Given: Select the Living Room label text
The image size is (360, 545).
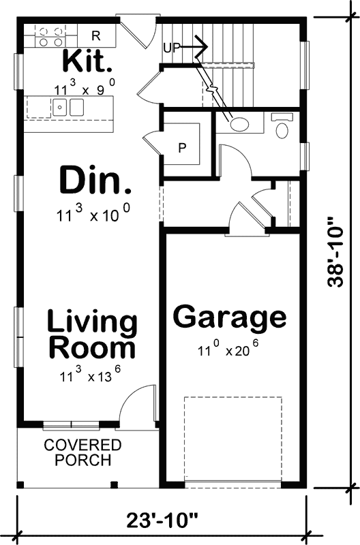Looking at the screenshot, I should tap(92, 334).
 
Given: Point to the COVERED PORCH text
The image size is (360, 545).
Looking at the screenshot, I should tap(82, 453).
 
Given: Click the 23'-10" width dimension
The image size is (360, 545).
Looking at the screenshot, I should tap(162, 520).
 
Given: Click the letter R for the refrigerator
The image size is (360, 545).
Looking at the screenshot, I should tap(95, 35).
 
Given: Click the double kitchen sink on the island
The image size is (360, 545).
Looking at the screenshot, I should tap(68, 107).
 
